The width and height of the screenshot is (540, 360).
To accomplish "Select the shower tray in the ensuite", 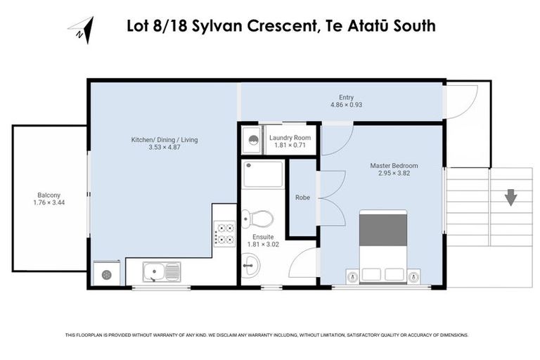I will pos(263,174).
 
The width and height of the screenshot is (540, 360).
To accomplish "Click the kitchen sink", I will pos(161,271).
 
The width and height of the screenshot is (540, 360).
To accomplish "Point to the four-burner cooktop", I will pos(224,233).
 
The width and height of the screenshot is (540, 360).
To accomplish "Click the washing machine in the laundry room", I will pos(250,139).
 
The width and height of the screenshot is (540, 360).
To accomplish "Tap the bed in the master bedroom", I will pos(383,246).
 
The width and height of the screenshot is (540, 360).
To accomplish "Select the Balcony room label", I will pos(49,195).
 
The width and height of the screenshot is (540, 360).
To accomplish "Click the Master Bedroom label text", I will pos(394,166).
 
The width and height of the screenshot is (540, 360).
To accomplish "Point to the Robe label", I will pos(303,198).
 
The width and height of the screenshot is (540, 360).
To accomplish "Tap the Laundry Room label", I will pos(290,137).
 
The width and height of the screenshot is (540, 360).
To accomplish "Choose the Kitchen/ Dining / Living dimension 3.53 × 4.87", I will pos(165,148).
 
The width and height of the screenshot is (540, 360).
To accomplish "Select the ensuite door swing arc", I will pos(301,264).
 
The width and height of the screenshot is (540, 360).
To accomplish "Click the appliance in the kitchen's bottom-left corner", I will pos(106,274).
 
